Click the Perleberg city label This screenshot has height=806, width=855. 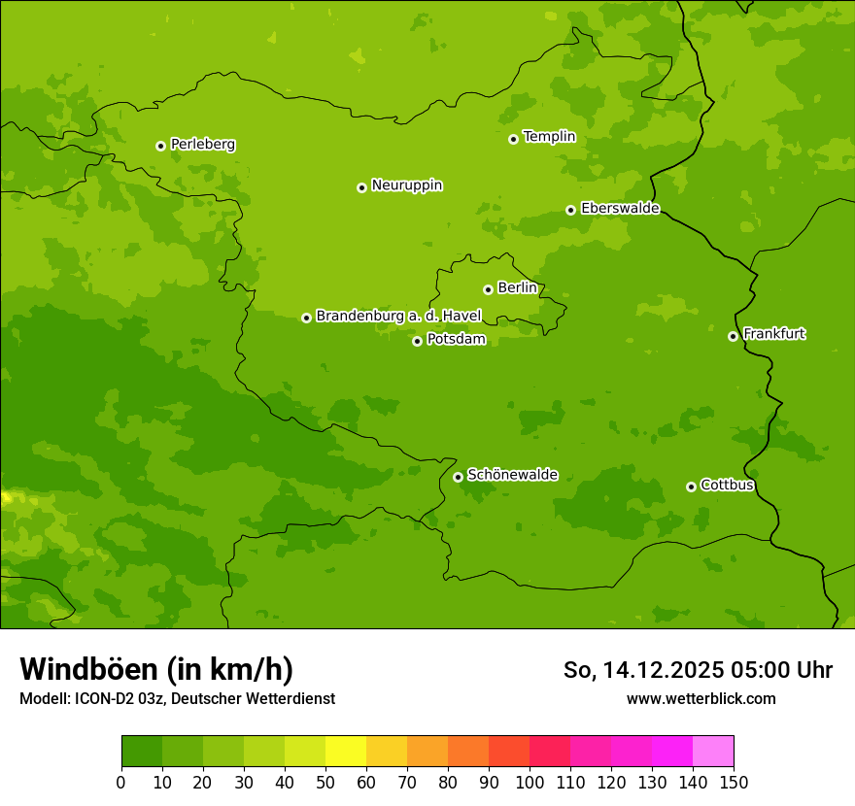(202, 145)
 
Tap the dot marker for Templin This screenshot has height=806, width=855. (513, 139)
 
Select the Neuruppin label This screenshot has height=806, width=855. (406, 185)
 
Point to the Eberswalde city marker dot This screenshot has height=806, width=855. (570, 210)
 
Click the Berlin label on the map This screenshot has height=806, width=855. (517, 288)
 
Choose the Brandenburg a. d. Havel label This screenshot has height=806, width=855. (398, 317)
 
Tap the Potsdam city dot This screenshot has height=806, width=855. (417, 341)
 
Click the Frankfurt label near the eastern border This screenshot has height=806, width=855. (773, 334)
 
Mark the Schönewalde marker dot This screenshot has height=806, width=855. (458, 477)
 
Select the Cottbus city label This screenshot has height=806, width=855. (727, 485)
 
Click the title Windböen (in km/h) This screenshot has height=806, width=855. (155, 669)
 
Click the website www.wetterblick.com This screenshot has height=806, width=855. (701, 698)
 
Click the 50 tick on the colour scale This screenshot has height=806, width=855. (325, 783)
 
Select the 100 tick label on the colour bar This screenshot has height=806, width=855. (530, 783)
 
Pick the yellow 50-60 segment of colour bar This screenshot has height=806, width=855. (346, 751)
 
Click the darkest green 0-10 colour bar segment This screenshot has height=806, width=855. (142, 751)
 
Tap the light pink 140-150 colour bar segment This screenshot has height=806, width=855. (713, 751)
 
